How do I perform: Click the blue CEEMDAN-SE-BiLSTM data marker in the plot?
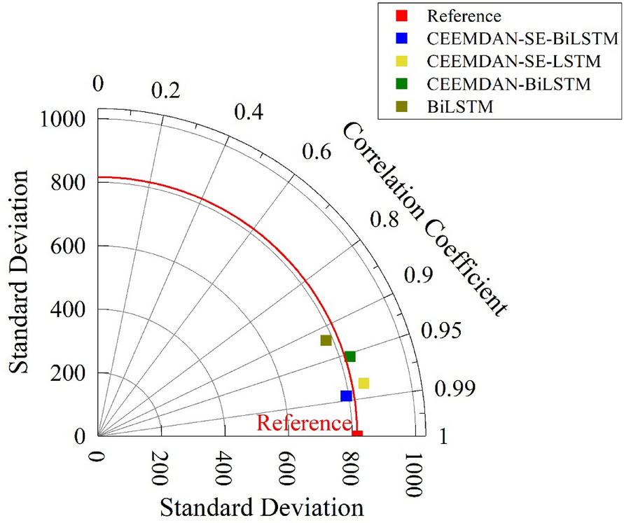pyautogui.click(x=346, y=396)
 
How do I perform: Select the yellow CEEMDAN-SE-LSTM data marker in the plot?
pyautogui.click(x=363, y=383)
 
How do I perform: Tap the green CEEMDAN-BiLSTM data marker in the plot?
pyautogui.click(x=350, y=356)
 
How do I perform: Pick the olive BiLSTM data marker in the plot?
pyautogui.click(x=326, y=340)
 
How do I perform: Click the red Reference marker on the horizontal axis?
pyautogui.click(x=357, y=434)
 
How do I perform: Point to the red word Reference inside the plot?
pyautogui.click(x=303, y=423)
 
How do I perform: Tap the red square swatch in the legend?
pyautogui.click(x=401, y=16)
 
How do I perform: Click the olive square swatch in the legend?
pyautogui.click(x=401, y=106)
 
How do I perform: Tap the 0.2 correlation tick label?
pyautogui.click(x=166, y=92)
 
